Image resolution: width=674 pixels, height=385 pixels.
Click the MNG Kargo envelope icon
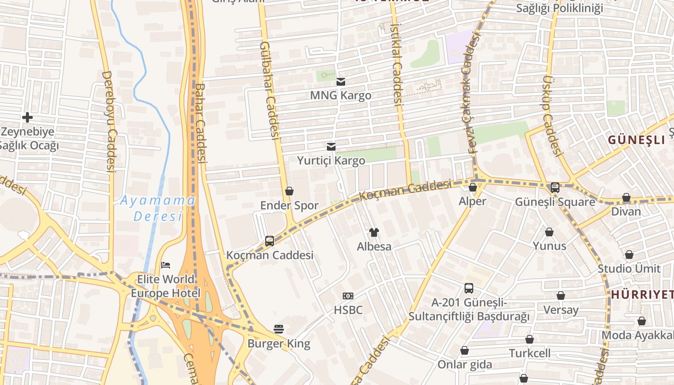[341, 82]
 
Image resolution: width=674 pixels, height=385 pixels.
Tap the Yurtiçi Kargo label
[331, 160]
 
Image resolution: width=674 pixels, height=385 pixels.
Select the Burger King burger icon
[279, 329]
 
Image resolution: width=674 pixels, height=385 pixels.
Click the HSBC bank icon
[348, 295]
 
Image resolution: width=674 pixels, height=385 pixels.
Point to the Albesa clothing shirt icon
[374, 232]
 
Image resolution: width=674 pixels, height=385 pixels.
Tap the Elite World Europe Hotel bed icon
[166, 265]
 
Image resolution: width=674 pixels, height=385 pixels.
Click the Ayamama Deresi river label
[157, 208]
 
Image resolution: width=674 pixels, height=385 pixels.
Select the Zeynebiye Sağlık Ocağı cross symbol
[27, 117]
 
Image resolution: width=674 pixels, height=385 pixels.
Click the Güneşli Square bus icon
[555, 187]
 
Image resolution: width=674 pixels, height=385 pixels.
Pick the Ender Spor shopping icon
[289, 191]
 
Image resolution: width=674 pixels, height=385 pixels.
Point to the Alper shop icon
[472, 187]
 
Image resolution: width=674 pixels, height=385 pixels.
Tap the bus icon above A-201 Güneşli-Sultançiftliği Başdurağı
[468, 288]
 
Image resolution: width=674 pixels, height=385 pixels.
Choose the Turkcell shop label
[530, 353]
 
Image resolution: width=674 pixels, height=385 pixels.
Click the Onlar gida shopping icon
[464, 350]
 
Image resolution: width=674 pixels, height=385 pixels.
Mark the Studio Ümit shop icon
[629, 255]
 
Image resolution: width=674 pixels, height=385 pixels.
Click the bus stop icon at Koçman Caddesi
[270, 241]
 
